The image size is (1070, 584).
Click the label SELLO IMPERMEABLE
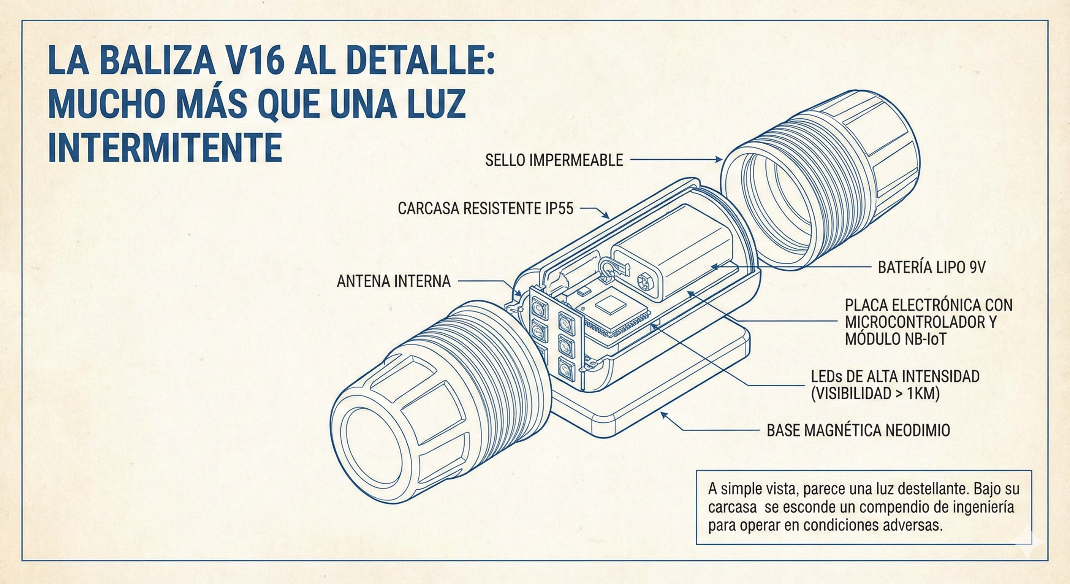pyautogui.click(x=554, y=160)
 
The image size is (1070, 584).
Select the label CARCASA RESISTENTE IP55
pyautogui.click(x=485, y=209)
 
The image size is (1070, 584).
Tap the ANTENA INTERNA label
pyautogui.click(x=393, y=281)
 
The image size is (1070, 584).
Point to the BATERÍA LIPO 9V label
pyautogui.click(x=931, y=267)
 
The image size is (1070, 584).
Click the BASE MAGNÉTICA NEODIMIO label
pyautogui.click(x=858, y=430)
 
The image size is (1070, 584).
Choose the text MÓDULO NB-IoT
pyautogui.click(x=895, y=339)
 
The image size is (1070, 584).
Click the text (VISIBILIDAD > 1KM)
pyautogui.click(x=875, y=393)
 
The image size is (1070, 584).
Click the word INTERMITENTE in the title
pyautogui.click(x=165, y=148)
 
